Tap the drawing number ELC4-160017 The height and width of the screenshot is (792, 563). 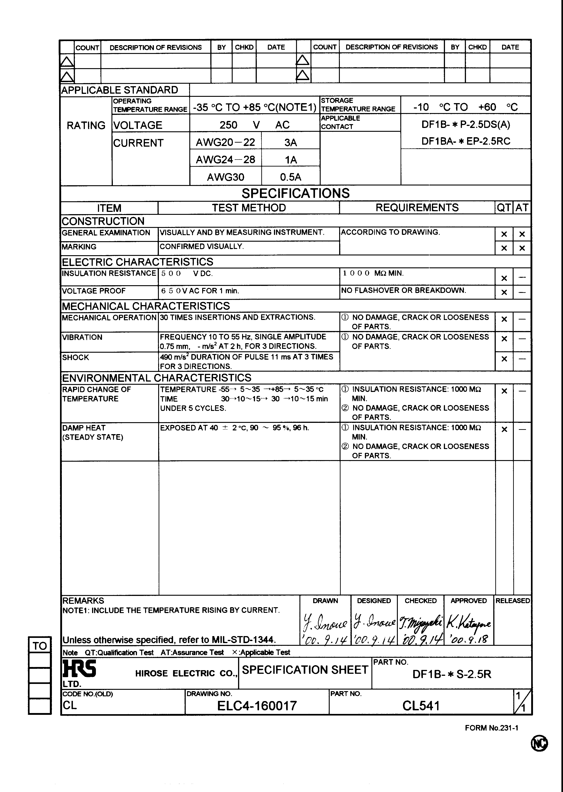[257, 706]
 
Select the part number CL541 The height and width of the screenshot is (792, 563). [421, 706]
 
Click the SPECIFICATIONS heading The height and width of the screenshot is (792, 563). [295, 193]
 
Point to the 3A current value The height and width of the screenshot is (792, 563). [290, 142]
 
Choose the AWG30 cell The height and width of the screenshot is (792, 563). [225, 177]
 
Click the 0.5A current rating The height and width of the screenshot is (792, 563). [290, 177]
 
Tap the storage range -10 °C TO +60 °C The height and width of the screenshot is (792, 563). [465, 107]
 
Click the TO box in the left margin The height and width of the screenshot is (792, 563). [40, 646]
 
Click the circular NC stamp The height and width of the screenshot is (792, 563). [539, 743]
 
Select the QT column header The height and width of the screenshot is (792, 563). [504, 208]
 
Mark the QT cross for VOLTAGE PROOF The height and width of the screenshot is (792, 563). [504, 292]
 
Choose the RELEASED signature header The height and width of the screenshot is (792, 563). [512, 601]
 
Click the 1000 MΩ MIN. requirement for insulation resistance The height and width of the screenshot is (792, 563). [373, 273]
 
